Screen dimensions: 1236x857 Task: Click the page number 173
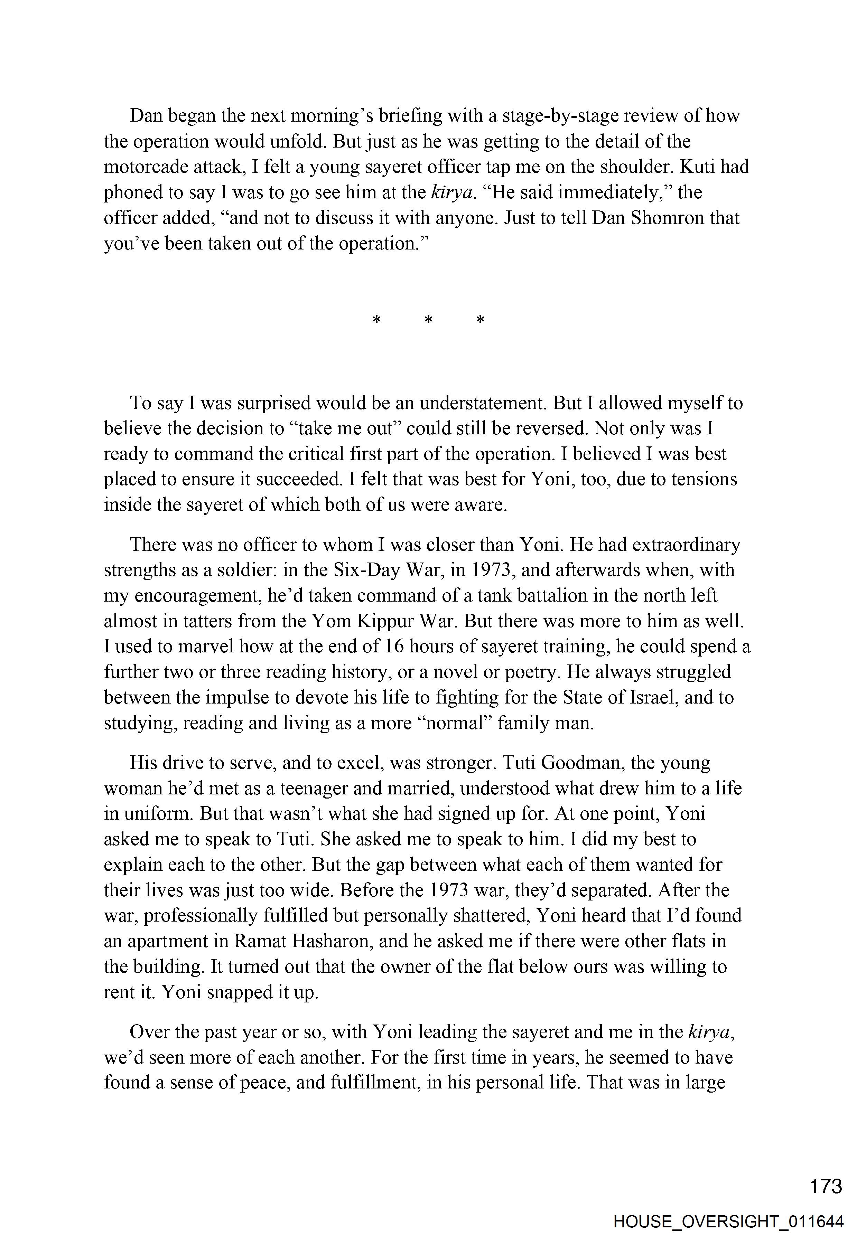tap(826, 1186)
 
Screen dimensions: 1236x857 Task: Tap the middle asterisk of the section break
tap(429, 320)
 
